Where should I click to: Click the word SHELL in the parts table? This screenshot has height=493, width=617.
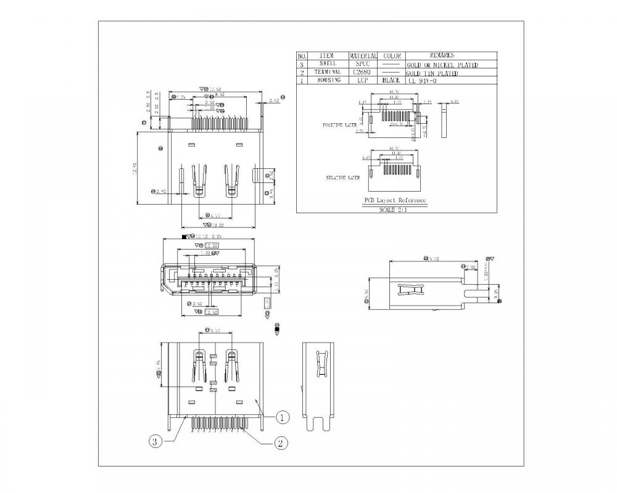[328, 63]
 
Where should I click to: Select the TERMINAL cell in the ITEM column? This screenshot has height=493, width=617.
[328, 72]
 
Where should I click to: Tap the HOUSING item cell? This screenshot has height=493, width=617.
[328, 80]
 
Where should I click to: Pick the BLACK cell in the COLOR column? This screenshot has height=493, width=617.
[391, 80]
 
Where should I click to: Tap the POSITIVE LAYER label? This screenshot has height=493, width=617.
[341, 125]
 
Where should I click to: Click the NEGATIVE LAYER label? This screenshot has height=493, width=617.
[343, 178]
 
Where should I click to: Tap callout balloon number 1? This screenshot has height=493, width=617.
[281, 418]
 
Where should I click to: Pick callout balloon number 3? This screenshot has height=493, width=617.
[155, 441]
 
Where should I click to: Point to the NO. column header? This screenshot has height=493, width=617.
[302, 55]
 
